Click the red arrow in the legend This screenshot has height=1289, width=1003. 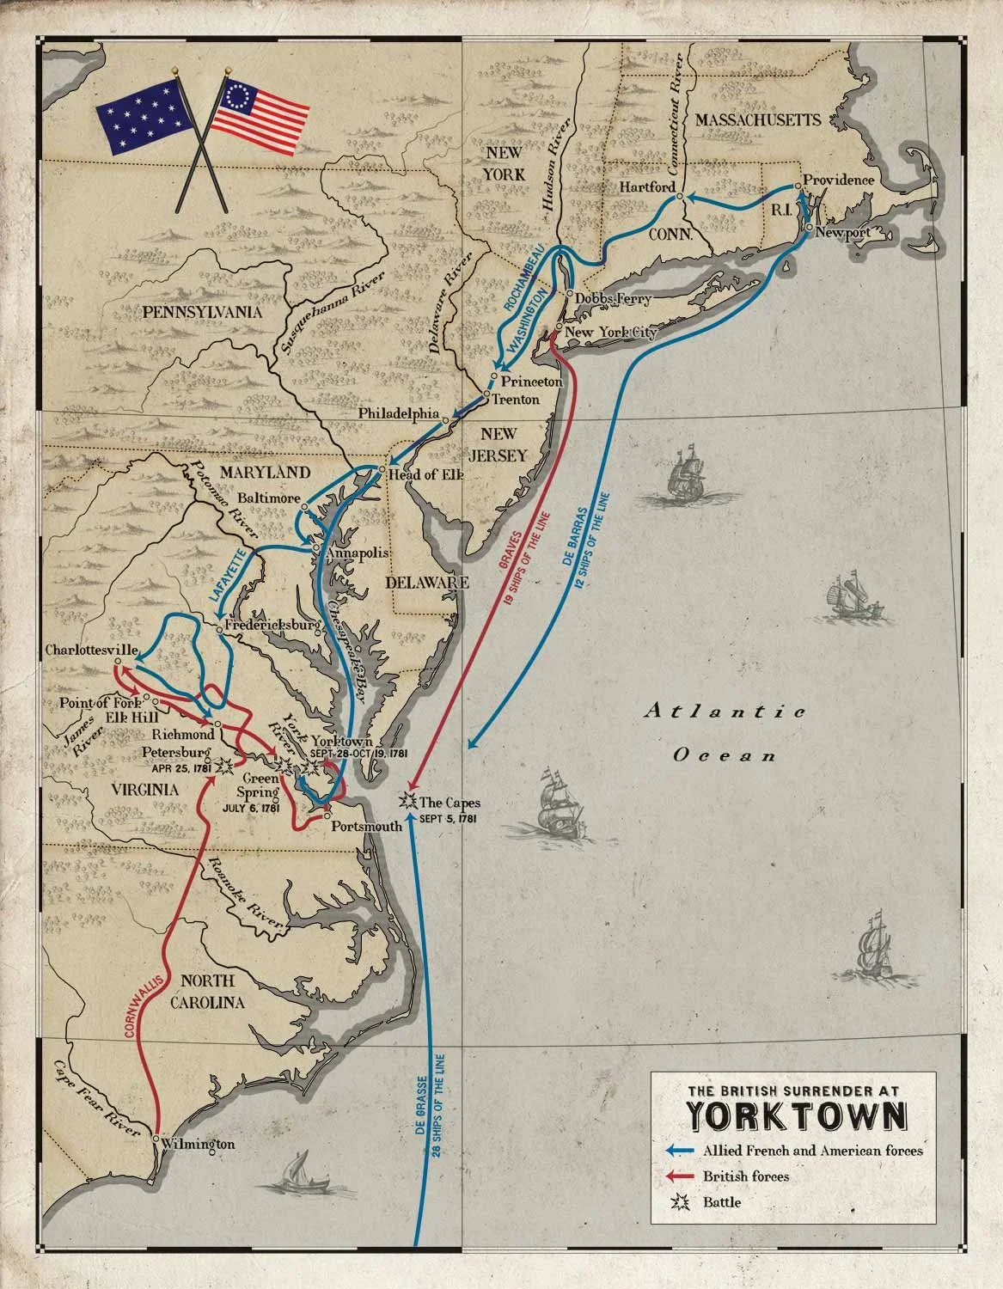click(679, 1176)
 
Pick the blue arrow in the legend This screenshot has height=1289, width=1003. click(679, 1150)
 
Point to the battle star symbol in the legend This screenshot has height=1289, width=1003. click(680, 1202)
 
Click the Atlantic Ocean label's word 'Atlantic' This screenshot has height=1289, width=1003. click(726, 711)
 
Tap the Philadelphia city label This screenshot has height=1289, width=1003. click(399, 413)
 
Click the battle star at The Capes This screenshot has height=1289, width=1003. click(408, 801)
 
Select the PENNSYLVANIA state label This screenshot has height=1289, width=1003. click(190, 311)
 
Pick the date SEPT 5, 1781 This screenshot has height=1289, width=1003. click(448, 817)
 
